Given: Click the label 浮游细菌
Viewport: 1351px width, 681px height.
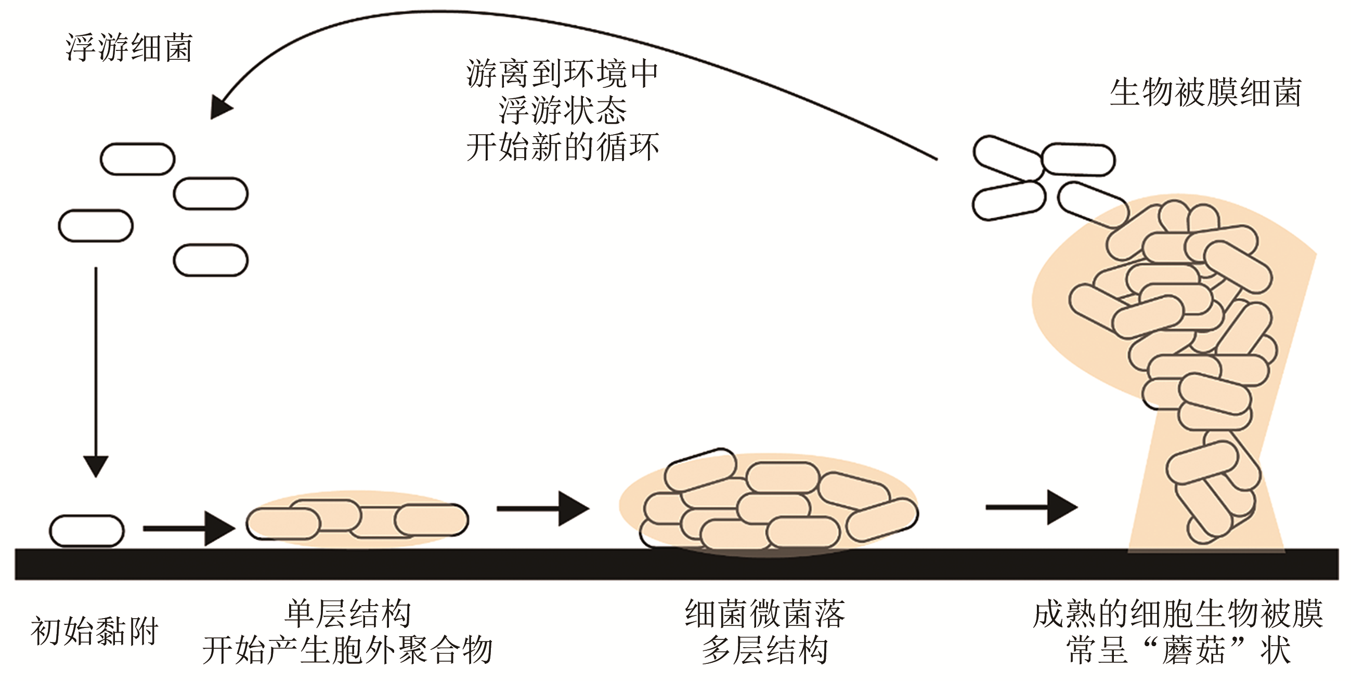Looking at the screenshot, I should [x=129, y=48].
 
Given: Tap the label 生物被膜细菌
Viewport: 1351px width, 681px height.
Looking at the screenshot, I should [x=1205, y=93].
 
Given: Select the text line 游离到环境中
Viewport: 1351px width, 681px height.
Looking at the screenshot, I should [x=562, y=73].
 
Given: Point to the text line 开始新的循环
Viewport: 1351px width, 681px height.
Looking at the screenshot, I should [x=562, y=147].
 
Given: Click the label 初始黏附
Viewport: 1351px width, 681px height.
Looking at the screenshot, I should [x=95, y=631].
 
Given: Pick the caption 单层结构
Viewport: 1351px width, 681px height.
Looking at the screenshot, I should [x=348, y=613].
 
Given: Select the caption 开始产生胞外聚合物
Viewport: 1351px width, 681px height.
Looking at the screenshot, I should [x=348, y=650].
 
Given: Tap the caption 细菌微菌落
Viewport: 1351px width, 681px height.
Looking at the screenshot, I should [x=764, y=613].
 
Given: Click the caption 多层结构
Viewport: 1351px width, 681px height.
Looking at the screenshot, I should [x=764, y=650].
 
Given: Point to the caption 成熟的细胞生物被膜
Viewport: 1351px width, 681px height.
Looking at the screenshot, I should [x=1178, y=613].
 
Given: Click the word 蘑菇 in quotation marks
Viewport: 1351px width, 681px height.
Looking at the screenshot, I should [x=1193, y=650].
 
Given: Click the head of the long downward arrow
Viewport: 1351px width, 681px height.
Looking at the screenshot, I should [x=96, y=466].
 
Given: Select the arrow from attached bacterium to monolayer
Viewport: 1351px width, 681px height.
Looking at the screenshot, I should [x=189, y=529].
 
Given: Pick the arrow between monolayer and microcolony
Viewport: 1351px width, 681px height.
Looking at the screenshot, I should [x=543, y=508].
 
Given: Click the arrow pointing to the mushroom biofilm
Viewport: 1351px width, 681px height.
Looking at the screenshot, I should [x=1031, y=507].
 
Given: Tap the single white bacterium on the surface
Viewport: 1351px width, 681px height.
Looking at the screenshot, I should [x=86, y=531].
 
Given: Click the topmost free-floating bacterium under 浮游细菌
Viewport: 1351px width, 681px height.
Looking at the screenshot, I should [x=137, y=159].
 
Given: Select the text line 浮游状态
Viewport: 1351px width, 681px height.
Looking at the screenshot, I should [x=562, y=110].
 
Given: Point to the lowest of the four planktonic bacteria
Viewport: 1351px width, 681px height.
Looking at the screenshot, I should [x=210, y=260].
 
